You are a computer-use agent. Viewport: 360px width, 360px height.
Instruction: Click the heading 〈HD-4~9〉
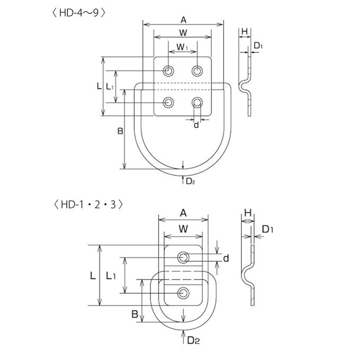pos(79,13)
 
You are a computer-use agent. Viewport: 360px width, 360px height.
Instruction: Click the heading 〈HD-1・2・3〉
pos(88,204)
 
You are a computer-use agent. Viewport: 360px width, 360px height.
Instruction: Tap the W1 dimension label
pos(183,47)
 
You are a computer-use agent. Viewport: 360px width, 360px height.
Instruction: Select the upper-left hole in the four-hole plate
pos(168,71)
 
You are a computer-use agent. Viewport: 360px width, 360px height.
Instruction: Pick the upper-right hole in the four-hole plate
pos(197,71)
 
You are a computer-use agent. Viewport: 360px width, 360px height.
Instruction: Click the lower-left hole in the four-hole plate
pos(168,102)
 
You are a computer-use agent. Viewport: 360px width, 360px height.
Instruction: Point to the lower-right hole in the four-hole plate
pos(197,102)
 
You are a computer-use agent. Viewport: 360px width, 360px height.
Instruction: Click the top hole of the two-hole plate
pos(183,257)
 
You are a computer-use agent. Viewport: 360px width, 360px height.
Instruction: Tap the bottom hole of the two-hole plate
pos(183,293)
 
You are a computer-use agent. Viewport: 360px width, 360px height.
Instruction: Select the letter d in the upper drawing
pos(196,125)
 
